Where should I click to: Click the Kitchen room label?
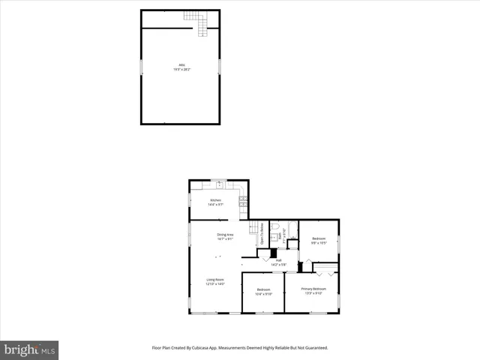[216, 202]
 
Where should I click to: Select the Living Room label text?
[216, 281]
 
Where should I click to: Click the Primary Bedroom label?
[313, 290]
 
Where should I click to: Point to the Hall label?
[278, 262]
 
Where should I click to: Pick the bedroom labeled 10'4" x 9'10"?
[263, 291]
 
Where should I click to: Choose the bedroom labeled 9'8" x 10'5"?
[319, 241]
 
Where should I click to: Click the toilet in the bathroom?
[275, 226]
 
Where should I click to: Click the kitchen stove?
[243, 200]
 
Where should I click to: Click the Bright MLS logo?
[29, 349]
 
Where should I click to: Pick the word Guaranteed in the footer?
[310, 349]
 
